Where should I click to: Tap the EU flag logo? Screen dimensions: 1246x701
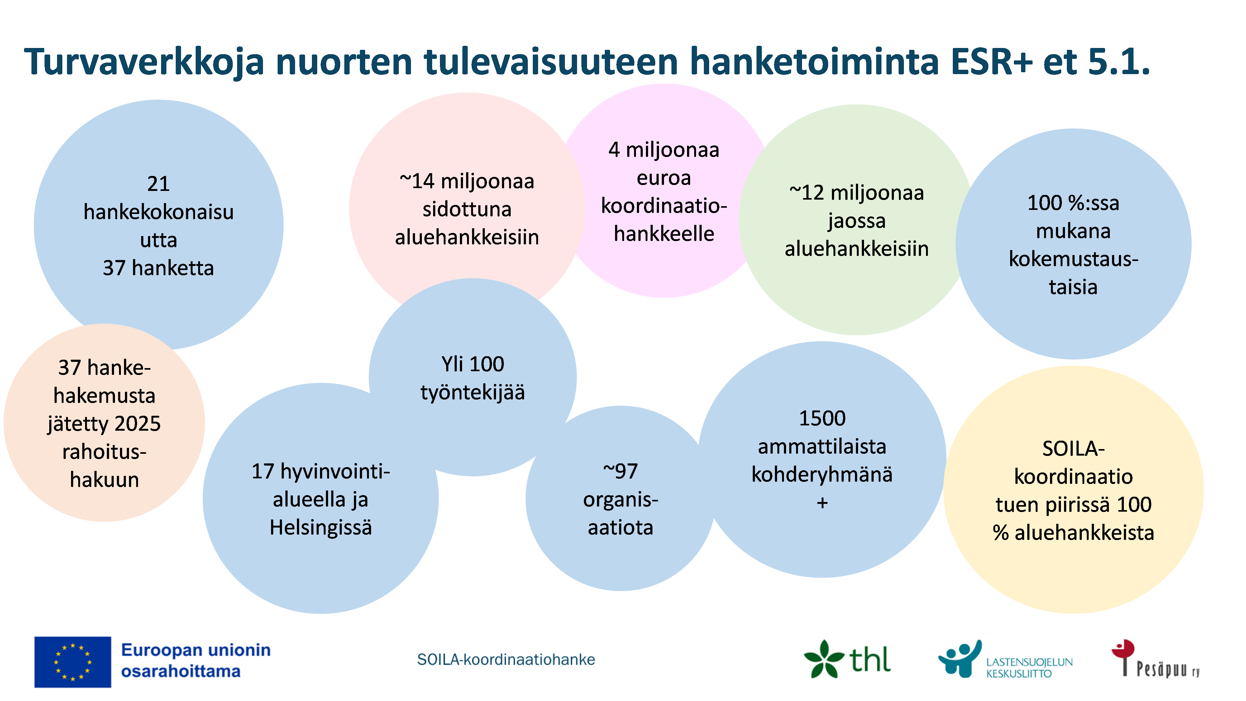pos(73,662)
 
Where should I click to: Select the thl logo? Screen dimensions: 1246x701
pos(847,659)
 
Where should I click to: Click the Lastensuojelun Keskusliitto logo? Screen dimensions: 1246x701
pos(1005,659)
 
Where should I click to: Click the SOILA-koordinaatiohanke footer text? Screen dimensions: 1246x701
pos(506,659)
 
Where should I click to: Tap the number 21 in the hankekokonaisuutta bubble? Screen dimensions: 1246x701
pos(158,184)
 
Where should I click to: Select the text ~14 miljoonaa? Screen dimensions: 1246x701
pos(467,181)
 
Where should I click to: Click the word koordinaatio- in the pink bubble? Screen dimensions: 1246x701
pos(664,206)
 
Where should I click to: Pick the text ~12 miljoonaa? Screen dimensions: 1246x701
pos(857,193)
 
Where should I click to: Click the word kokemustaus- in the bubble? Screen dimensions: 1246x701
pos(1073,259)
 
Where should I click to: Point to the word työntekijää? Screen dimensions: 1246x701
pos(473,392)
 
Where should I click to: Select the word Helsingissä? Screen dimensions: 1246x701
pos(321,528)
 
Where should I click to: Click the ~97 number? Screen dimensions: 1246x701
pos(621,471)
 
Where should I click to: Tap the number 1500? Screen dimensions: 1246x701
pos(822,418)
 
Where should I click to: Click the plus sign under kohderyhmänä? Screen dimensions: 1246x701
pos(822,503)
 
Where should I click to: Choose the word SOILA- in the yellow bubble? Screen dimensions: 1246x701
pos(1073,449)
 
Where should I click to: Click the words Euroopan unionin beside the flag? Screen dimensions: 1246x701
pos(196,650)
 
